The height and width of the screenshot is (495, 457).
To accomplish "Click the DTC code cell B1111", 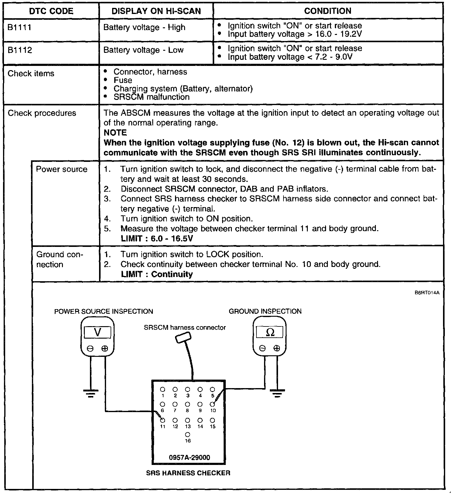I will click(x=19, y=28).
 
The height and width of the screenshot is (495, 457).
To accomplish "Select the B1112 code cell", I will click(x=20, y=50).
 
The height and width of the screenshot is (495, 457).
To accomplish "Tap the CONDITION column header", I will click(x=328, y=11).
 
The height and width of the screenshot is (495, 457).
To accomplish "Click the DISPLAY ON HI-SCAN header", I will click(x=156, y=11).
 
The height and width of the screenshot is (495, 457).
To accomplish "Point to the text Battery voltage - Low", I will click(x=143, y=50).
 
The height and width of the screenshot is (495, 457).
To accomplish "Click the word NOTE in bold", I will click(x=115, y=133).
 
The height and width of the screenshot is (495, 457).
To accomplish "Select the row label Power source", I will click(x=62, y=169).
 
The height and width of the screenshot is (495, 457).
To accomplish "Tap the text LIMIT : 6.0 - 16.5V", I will click(x=157, y=238).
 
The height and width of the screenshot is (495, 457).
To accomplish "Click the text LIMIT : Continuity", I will click(x=157, y=274).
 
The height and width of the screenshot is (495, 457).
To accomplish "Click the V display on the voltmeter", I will click(x=98, y=332).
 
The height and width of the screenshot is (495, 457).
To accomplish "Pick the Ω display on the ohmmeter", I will click(x=270, y=332).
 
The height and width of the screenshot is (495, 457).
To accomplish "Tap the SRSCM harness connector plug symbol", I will click(x=183, y=338).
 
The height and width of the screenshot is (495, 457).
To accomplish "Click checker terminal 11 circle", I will click(x=163, y=420).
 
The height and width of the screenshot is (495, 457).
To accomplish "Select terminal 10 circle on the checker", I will click(x=212, y=404).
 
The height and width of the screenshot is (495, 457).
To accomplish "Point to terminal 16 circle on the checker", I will click(x=188, y=435).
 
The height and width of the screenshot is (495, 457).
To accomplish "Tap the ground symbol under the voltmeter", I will click(x=91, y=394).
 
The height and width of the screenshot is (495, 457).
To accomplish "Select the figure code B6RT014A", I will click(x=427, y=293).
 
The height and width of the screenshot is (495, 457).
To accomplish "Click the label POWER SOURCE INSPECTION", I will click(x=104, y=311).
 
